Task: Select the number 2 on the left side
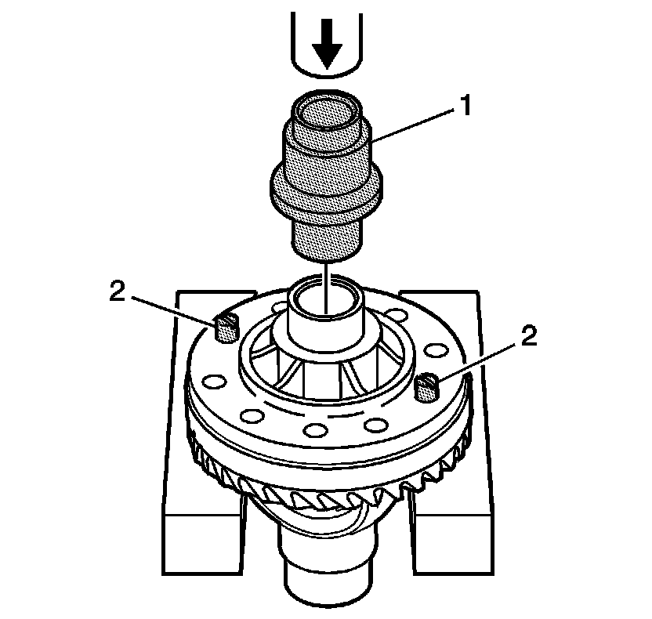click(x=117, y=291)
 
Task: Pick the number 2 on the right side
click(x=529, y=336)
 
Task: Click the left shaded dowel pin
click(x=224, y=327)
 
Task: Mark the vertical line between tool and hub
click(x=326, y=276)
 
